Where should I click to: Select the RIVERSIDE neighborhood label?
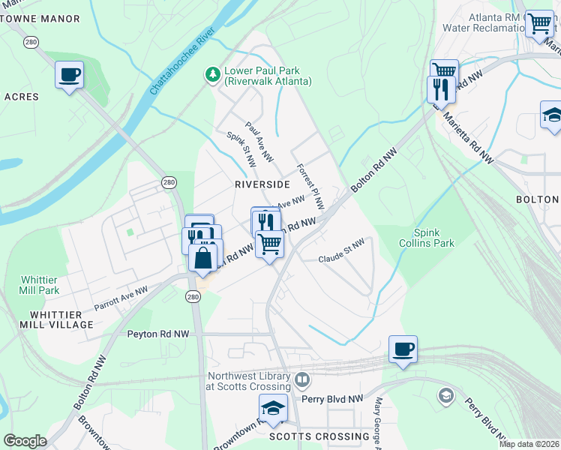tap(262, 184)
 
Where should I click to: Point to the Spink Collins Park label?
tap(434, 238)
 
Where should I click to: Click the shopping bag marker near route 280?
tap(203, 258)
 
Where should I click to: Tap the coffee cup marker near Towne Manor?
tap(69, 75)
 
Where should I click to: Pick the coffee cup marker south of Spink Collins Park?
tap(403, 349)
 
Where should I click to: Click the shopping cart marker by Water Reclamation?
tap(538, 23)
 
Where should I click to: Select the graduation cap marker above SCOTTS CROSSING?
tap(273, 409)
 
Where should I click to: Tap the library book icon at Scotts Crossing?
tap(302, 379)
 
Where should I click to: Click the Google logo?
tap(25, 441)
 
